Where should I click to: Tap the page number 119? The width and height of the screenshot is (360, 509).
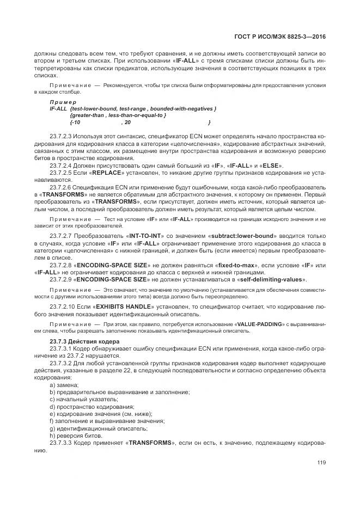[x=321, y=463]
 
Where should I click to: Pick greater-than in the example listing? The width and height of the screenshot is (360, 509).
[x=90, y=115]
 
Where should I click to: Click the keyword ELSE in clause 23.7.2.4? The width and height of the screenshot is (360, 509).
[x=271, y=165]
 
